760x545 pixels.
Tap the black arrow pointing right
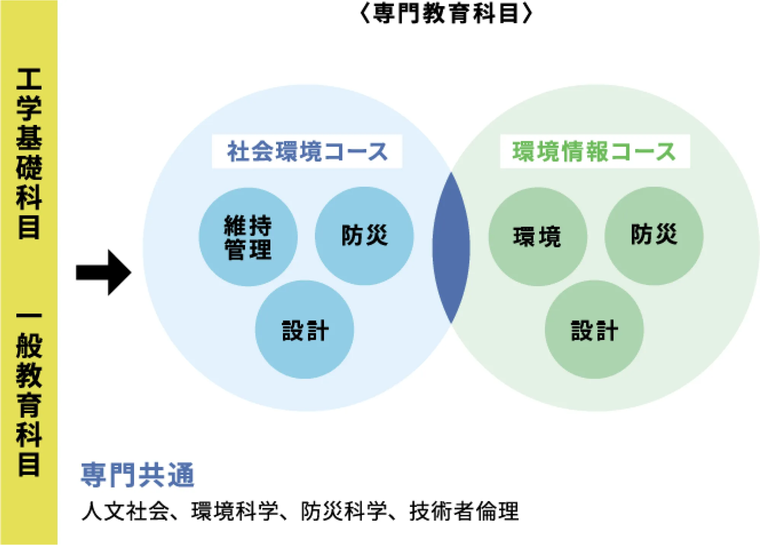pyautogui.click(x=104, y=272)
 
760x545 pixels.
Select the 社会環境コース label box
pyautogui.click(x=307, y=151)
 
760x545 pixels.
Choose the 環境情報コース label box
pyautogui.click(x=595, y=151)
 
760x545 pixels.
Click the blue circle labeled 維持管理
pyautogui.click(x=248, y=237)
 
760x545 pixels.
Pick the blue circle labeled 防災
pyautogui.click(x=364, y=236)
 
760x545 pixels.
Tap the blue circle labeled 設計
pyautogui.click(x=304, y=330)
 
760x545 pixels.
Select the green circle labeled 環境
pyautogui.click(x=537, y=236)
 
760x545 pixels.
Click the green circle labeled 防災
pyautogui.click(x=654, y=236)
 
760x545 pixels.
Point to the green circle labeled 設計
pyautogui.click(x=594, y=330)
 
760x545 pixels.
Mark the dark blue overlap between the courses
pyautogui.click(x=451, y=247)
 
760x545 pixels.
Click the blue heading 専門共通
pyautogui.click(x=137, y=475)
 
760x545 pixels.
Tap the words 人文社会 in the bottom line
pyautogui.click(x=125, y=511)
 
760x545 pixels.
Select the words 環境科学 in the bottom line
pyautogui.click(x=235, y=511)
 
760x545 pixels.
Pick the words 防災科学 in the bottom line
pyautogui.click(x=344, y=511)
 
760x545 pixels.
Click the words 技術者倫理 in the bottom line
pyautogui.click(x=464, y=511)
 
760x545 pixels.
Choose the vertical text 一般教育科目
pyautogui.click(x=29, y=394)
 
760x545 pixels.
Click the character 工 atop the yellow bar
pyautogui.click(x=29, y=79)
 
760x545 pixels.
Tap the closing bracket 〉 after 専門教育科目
pyautogui.click(x=528, y=14)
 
